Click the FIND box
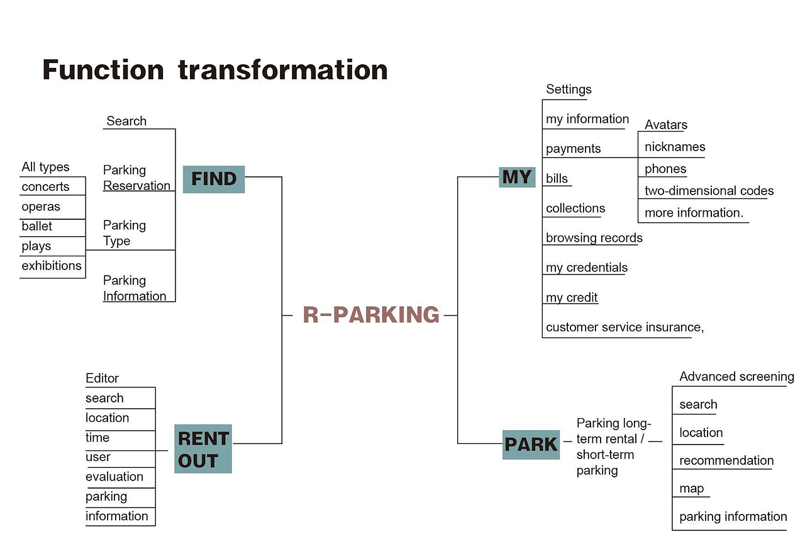214,179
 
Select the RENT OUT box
203,449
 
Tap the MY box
517,177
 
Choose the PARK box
531,445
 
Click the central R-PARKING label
371,315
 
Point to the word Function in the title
103,69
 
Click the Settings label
569,89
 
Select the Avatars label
666,125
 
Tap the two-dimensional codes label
709,190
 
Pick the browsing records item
594,237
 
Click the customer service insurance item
625,327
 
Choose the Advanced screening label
736,376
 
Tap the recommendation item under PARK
726,460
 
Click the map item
691,489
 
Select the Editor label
102,378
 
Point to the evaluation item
114,476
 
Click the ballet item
36,226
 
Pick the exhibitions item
52,266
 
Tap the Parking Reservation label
136,178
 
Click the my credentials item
587,268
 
